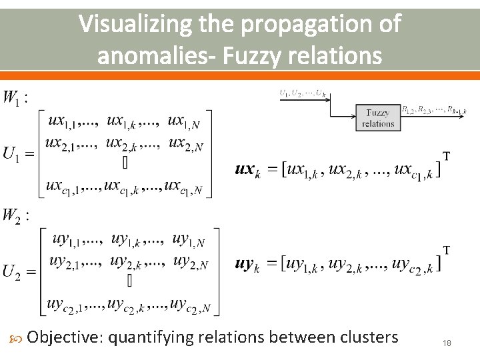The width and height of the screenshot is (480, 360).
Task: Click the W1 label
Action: (15, 98)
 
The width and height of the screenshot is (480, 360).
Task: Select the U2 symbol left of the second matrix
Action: (19, 271)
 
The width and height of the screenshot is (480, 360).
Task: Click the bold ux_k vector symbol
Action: (246, 170)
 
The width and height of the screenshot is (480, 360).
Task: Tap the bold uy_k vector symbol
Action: (247, 265)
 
